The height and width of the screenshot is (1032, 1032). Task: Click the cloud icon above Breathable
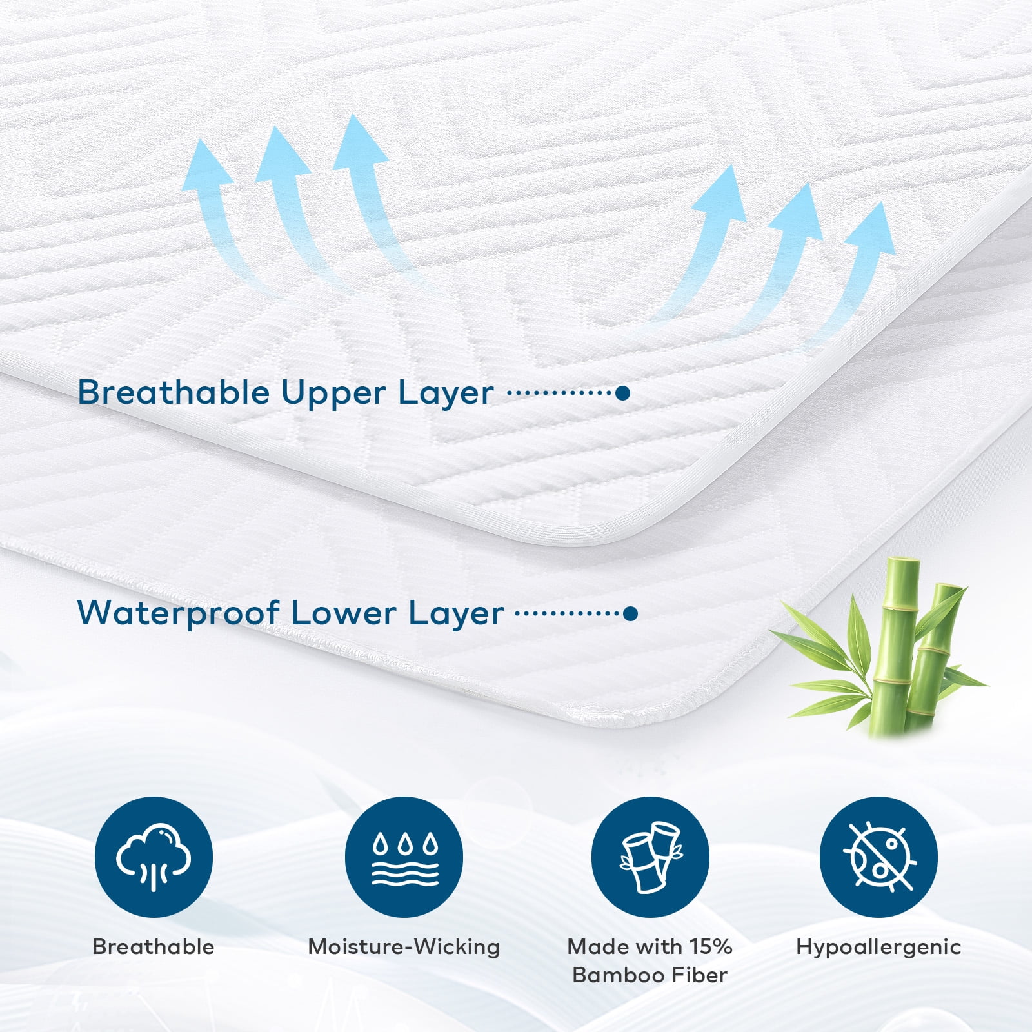[x=154, y=857]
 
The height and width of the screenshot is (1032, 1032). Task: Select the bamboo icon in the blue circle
[x=650, y=857]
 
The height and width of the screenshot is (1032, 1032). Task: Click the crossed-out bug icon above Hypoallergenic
[x=878, y=857]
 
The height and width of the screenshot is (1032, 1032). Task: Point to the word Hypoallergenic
[x=878, y=947]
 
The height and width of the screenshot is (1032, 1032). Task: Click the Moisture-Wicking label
[x=404, y=947]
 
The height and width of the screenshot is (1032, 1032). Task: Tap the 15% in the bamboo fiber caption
[x=711, y=946]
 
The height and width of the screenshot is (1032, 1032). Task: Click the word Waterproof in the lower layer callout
[x=178, y=613]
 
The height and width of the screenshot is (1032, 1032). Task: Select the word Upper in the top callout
[x=333, y=393]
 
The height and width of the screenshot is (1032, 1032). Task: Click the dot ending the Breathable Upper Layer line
[x=622, y=393]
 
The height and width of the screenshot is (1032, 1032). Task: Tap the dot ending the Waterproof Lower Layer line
[x=631, y=613]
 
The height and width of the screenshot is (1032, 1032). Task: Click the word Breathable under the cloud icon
[x=154, y=947]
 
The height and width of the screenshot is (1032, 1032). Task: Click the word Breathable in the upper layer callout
[x=173, y=392]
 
